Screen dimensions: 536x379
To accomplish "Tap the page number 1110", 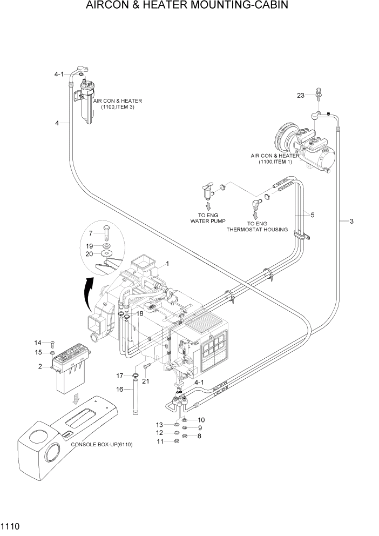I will point(11,525).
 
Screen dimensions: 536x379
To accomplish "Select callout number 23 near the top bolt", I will point(301,96).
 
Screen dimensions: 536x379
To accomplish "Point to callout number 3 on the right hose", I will point(351,222).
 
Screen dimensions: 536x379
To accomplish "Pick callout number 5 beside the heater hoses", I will point(312,215).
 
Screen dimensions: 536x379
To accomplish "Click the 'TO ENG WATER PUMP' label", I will point(207,218).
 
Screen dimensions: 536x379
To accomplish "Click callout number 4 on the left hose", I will point(57,123).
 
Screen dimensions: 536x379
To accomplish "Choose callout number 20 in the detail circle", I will point(90,254).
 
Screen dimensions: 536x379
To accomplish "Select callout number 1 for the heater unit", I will point(168,264).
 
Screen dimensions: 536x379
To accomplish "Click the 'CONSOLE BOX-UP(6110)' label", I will point(101,444).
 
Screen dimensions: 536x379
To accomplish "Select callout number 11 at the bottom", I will point(160,442).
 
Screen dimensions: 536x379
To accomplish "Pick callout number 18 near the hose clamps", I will point(139,313).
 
